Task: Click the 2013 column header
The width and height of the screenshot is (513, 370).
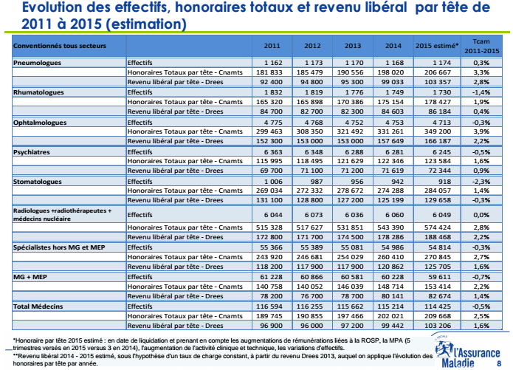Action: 353,46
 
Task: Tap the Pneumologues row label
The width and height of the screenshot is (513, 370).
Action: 37,63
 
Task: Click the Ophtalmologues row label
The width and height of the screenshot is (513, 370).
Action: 41,120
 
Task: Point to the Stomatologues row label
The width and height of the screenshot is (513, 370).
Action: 38,180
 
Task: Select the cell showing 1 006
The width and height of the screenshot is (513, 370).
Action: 273,180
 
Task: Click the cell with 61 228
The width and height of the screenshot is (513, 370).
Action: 272,275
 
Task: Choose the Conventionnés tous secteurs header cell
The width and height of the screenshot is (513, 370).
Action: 60,46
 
